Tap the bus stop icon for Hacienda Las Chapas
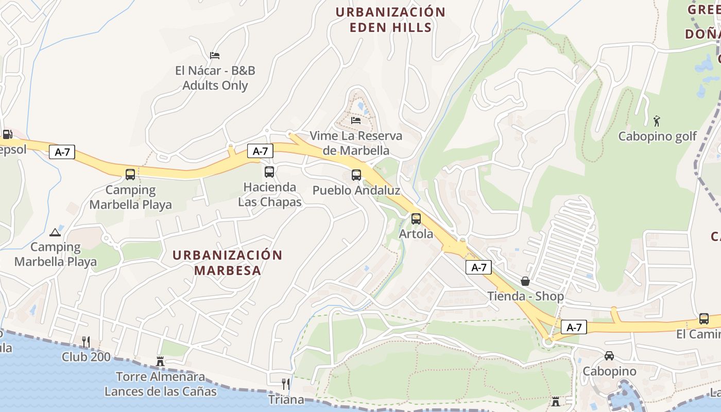(x=269, y=172)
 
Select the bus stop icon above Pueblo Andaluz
(x=356, y=175)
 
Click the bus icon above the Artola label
(x=416, y=219)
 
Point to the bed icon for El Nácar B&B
(x=215, y=56)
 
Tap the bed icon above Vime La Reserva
(x=356, y=121)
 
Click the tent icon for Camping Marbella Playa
(x=55, y=232)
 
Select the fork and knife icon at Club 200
(x=86, y=341)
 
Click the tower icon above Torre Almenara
(x=160, y=362)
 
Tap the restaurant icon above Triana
(x=285, y=384)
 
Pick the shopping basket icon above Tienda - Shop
(x=525, y=281)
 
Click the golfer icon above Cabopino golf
(x=657, y=121)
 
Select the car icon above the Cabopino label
(x=609, y=356)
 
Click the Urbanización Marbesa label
(x=228, y=263)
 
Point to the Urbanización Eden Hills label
(x=390, y=20)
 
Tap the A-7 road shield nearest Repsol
(x=62, y=152)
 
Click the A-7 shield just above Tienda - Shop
(x=479, y=267)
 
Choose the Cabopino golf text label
(x=657, y=136)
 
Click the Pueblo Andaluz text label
(x=356, y=191)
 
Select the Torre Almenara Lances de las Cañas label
(x=160, y=384)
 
